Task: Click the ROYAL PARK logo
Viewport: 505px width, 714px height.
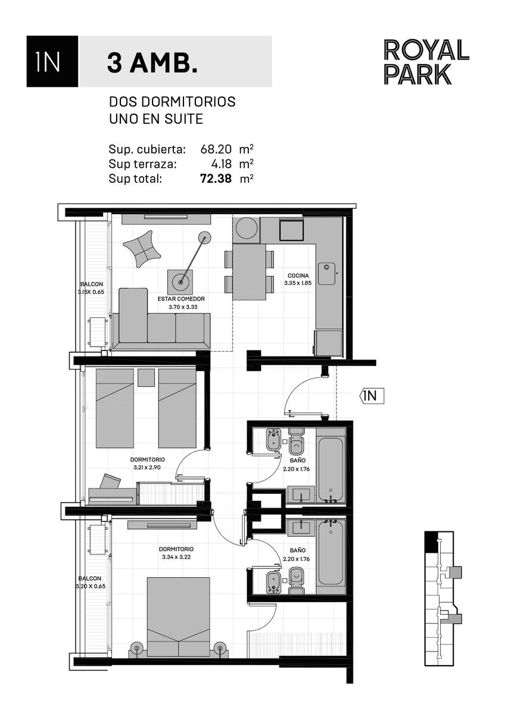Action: click(x=426, y=62)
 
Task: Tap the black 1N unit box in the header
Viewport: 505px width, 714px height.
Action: click(x=52, y=61)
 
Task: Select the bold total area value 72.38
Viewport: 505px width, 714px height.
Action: click(x=216, y=178)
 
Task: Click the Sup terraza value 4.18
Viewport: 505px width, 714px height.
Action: click(x=221, y=164)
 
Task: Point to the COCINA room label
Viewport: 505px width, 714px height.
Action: click(x=298, y=275)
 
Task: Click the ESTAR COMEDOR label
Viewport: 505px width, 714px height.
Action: click(x=181, y=299)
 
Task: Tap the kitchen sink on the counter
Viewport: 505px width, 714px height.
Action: click(x=326, y=274)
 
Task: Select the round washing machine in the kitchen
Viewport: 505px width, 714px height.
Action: click(x=247, y=228)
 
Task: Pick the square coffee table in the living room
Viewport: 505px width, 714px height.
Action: click(x=180, y=283)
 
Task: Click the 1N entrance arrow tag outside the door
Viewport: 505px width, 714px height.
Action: click(x=372, y=396)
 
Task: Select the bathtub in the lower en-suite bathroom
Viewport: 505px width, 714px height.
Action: click(x=331, y=553)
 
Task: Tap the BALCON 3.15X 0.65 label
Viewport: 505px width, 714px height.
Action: click(x=92, y=288)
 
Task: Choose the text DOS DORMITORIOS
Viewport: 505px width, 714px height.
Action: click(x=172, y=102)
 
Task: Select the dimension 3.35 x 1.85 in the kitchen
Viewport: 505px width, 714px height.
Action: click(x=298, y=283)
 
